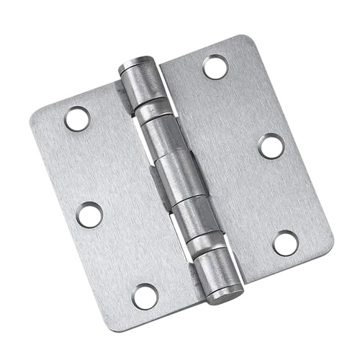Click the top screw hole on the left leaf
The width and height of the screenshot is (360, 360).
(77, 119)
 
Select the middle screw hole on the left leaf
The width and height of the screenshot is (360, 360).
(90, 215)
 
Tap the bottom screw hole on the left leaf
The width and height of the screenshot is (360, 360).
(145, 296)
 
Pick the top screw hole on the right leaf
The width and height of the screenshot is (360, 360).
(215, 67)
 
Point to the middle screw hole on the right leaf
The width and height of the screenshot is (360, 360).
(271, 146)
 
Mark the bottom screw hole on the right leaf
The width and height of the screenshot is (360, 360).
(286, 243)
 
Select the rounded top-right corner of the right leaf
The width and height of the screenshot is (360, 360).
(251, 43)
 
